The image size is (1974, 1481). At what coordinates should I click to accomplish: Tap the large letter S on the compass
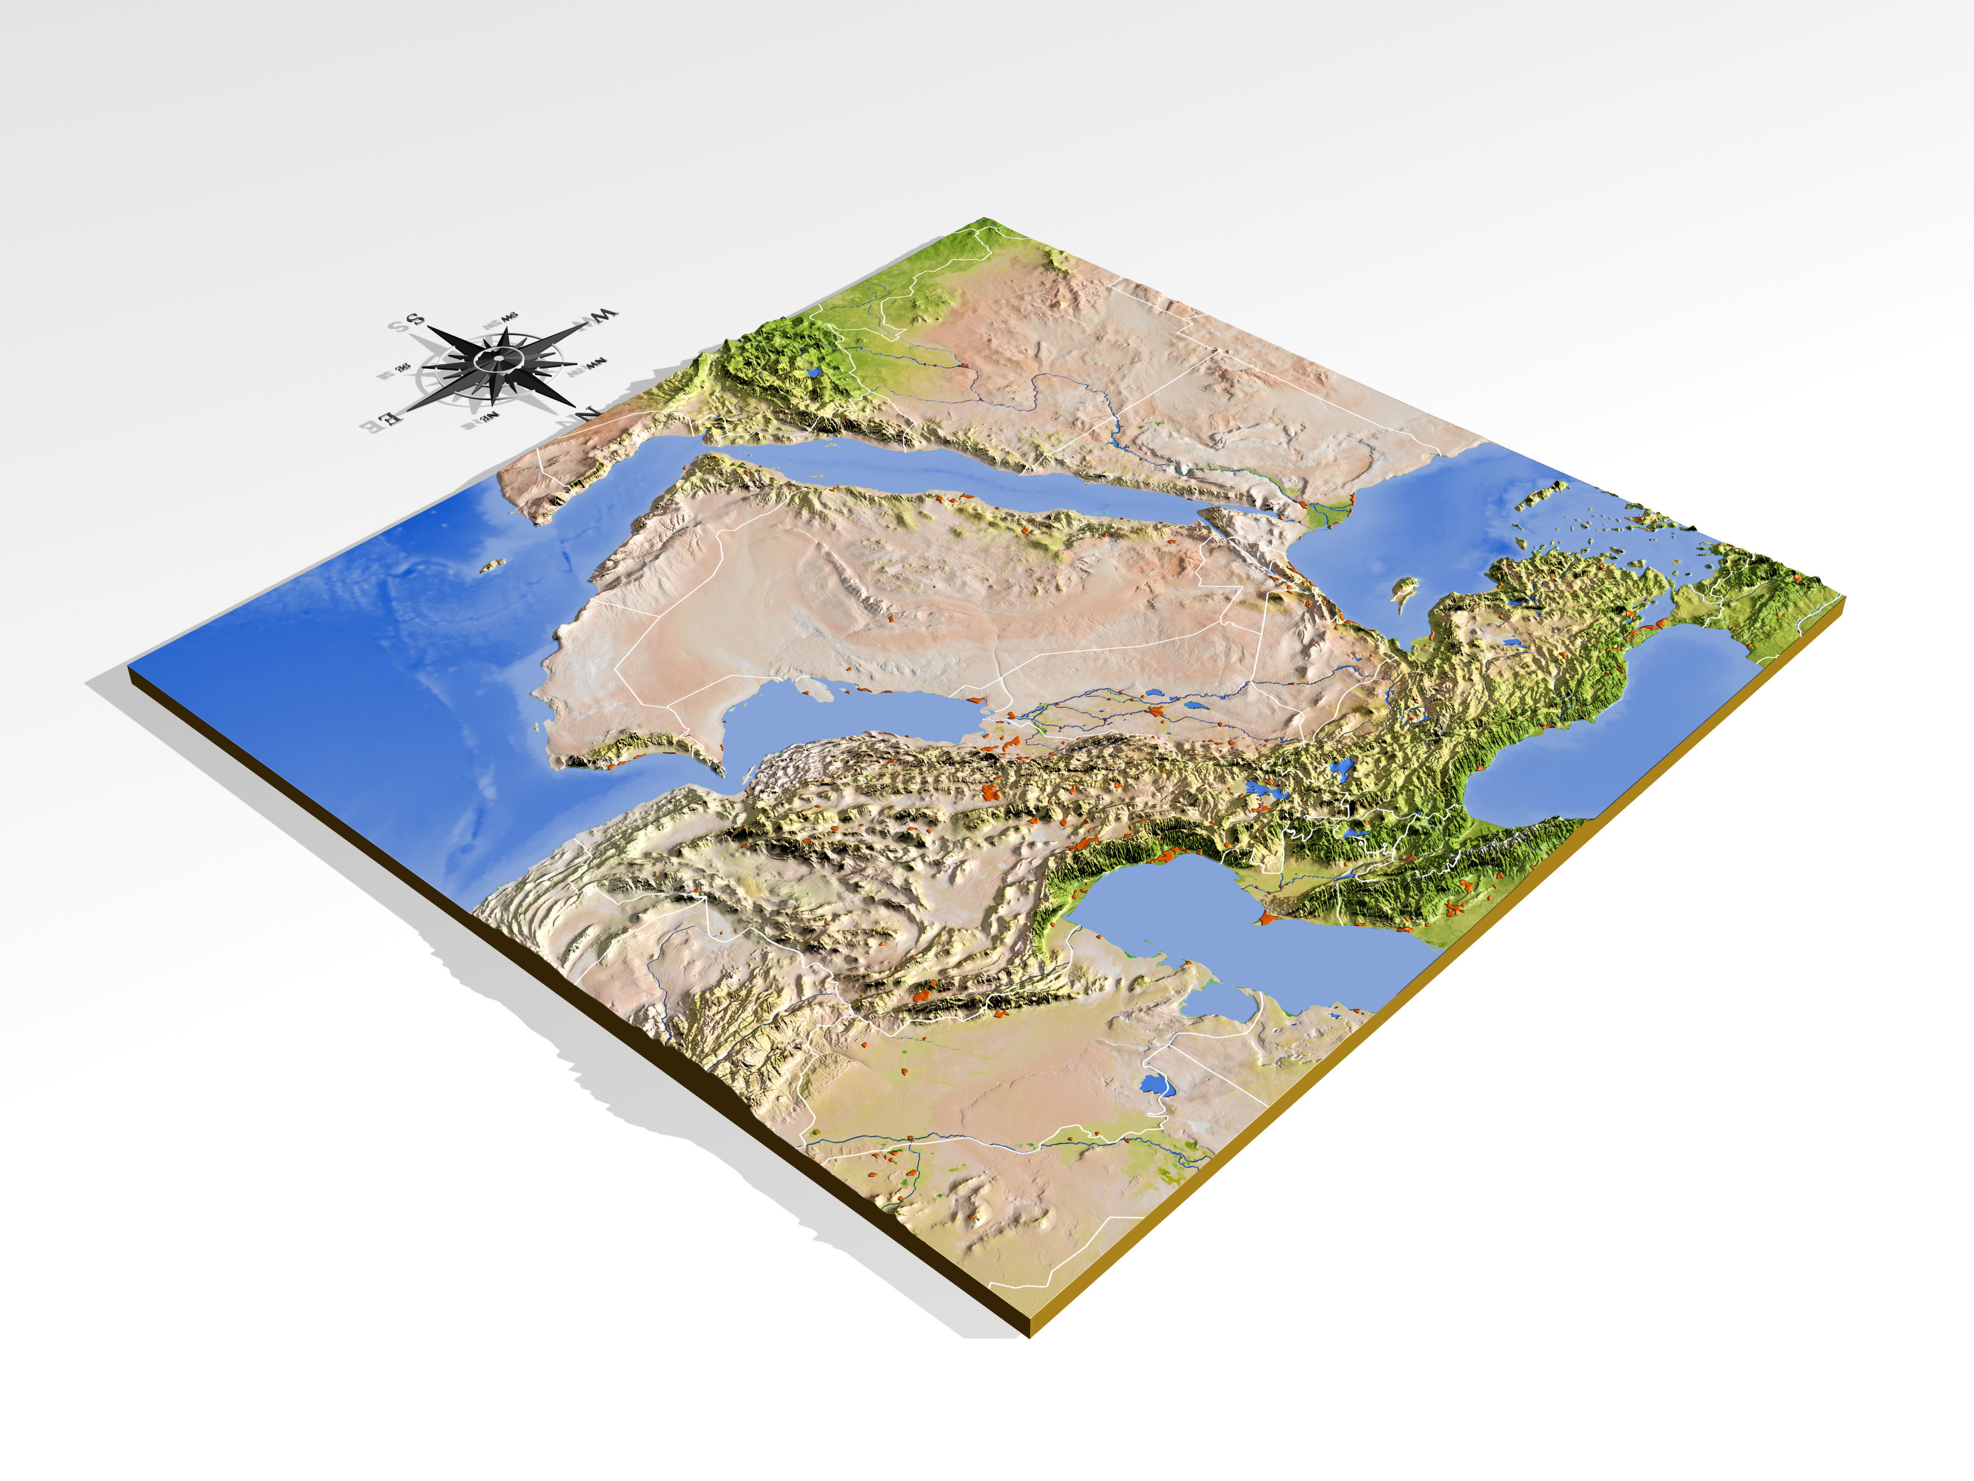tap(415, 319)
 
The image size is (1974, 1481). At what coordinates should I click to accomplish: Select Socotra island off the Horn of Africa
tap(492, 565)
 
